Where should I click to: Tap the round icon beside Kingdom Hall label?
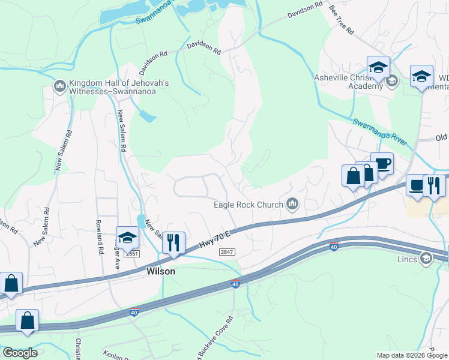tap(60, 88)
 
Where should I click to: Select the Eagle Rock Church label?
tap(249, 205)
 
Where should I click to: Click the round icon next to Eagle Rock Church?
tap(292, 205)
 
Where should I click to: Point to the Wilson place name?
tap(161, 271)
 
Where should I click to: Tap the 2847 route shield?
tap(227, 253)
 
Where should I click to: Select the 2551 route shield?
tap(131, 254)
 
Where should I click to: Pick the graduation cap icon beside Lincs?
tap(426, 259)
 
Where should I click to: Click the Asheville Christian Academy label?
tap(348, 81)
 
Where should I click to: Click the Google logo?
tap(20, 353)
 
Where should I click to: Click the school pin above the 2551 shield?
tap(127, 239)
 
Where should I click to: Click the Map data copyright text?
tap(411, 355)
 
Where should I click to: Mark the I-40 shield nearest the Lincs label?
tap(334, 247)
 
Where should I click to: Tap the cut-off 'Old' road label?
tap(441, 137)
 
